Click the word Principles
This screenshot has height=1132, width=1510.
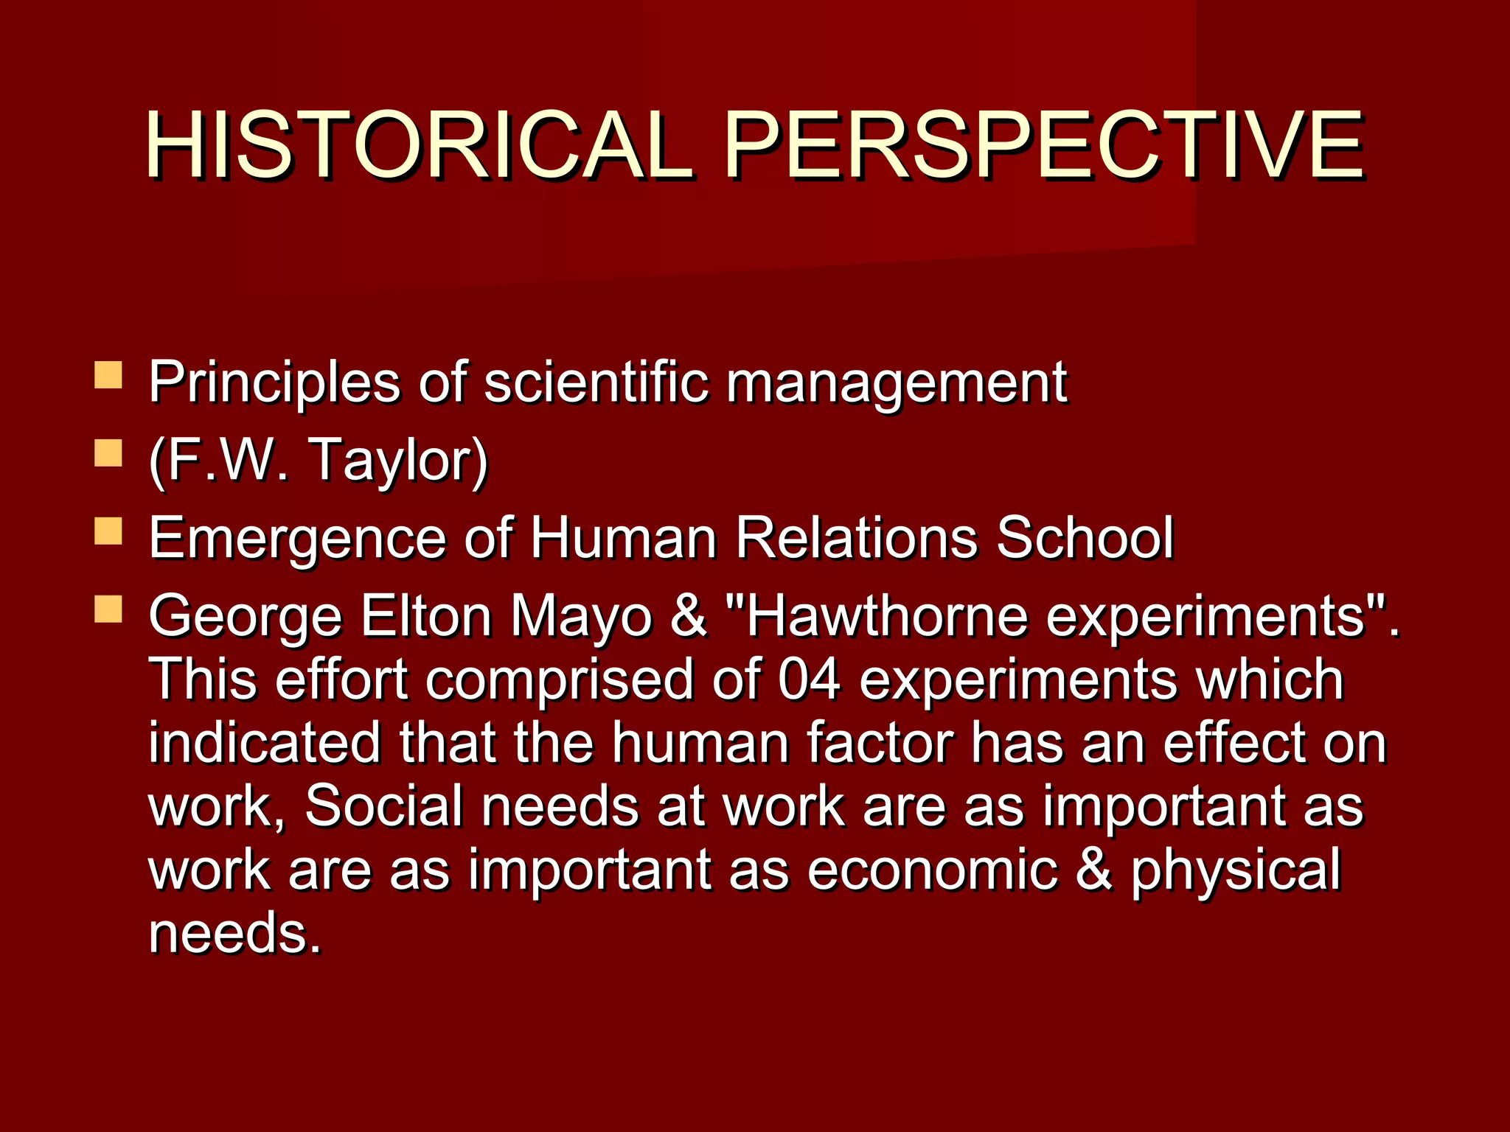(x=274, y=383)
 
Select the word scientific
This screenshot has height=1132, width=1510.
(x=595, y=382)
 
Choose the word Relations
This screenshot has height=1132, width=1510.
(x=857, y=538)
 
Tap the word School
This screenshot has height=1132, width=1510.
(x=1085, y=538)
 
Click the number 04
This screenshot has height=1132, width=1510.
(x=809, y=679)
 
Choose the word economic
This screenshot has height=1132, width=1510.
(x=932, y=870)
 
